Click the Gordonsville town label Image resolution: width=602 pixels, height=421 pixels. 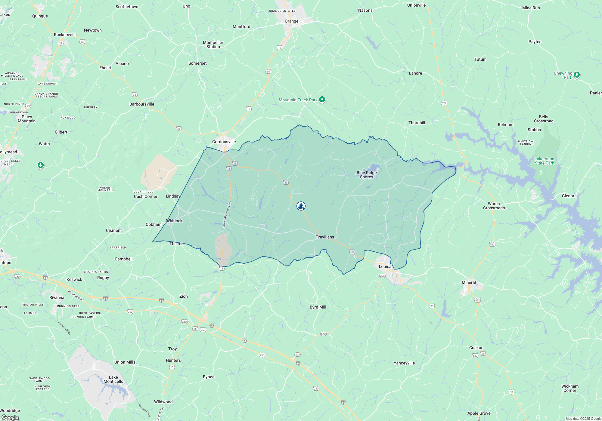tap(224, 142)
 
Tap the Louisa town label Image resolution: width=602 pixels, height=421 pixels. tap(385, 266)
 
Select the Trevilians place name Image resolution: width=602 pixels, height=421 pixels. tap(325, 237)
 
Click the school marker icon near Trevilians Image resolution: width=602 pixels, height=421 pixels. tap(301, 206)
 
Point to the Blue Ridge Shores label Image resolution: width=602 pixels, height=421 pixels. tap(367, 175)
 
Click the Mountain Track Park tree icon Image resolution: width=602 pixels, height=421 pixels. tap(322, 100)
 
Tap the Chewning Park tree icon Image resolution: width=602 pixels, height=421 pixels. tap(576, 75)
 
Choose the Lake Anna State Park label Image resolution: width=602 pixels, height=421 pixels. tap(544, 161)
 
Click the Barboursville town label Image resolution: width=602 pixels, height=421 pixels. tap(142, 104)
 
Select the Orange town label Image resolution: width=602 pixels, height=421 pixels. tap(291, 21)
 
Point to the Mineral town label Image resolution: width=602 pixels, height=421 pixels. tap(469, 282)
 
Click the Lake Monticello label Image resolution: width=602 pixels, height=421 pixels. tap(113, 379)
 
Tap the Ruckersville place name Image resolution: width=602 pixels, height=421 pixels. tap(65, 35)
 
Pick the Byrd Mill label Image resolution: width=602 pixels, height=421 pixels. tap(318, 307)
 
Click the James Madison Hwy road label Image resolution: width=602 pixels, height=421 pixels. tap(227, 214)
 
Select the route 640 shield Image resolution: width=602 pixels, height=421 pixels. tap(323, 334)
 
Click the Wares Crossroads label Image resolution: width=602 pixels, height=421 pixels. tap(494, 206)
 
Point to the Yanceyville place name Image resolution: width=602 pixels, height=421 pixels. tap(404, 363)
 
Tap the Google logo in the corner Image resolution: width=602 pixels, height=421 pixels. tap(10, 417)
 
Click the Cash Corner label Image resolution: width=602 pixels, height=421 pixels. tap(146, 196)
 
